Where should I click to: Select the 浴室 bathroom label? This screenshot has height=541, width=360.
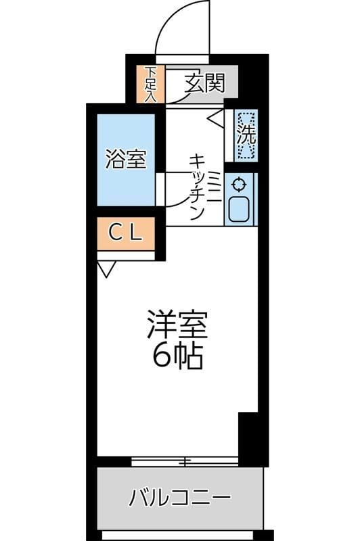[x=126, y=159]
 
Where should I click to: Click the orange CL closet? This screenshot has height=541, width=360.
[x=126, y=233]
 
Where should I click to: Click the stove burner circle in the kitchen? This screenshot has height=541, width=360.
[x=240, y=183]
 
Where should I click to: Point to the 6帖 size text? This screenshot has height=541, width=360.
[x=177, y=356]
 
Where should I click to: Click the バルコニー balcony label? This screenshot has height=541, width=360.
[x=180, y=499]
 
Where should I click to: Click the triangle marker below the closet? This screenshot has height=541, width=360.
[x=106, y=270]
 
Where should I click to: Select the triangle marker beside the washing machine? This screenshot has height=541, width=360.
[x=216, y=120]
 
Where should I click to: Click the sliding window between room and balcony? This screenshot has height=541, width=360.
[x=184, y=461]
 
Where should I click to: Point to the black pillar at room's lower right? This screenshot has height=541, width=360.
[x=248, y=436]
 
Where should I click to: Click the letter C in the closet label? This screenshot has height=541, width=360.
[x=115, y=233]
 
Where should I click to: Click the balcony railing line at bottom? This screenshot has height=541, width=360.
[x=183, y=535]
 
